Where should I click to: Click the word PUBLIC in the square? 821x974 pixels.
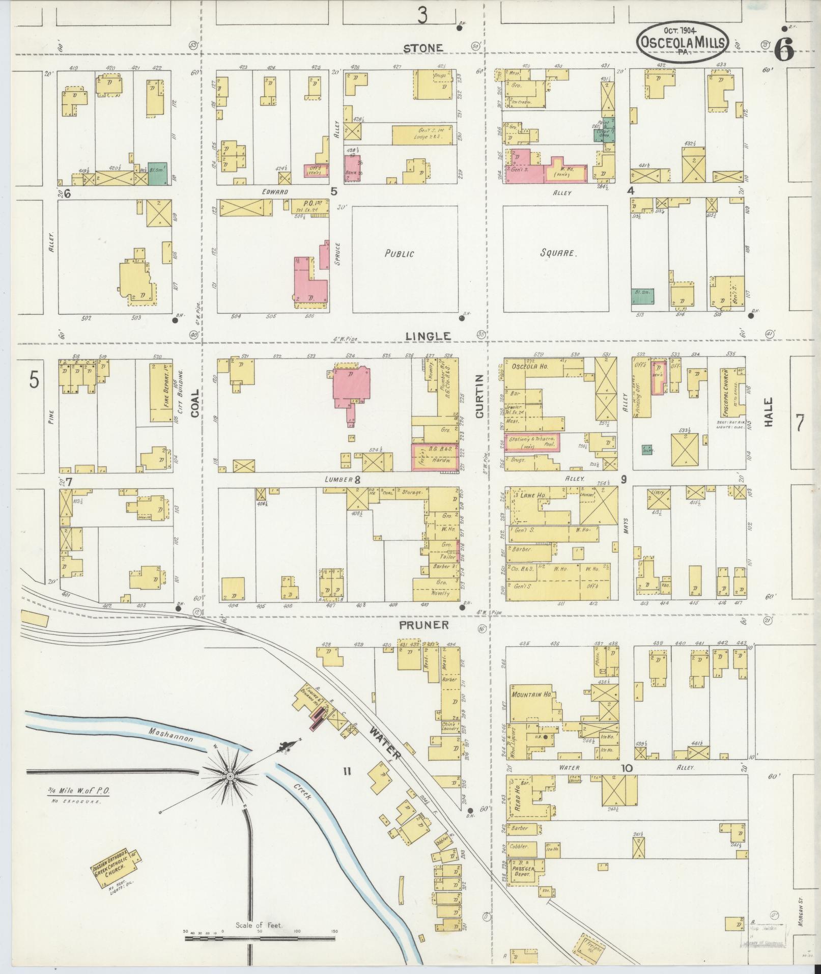pyautogui.click(x=400, y=253)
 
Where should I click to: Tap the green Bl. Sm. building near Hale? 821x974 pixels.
pyautogui.click(x=643, y=296)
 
